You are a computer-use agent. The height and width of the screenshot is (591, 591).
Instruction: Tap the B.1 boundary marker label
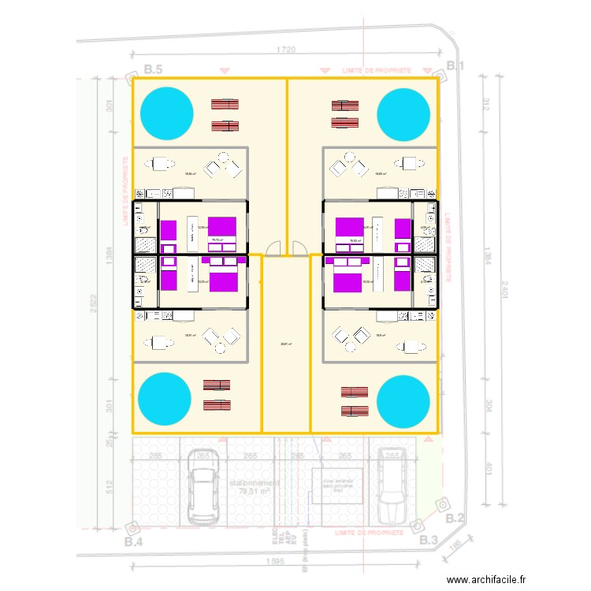455,66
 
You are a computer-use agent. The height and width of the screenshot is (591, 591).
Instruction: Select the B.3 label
429,540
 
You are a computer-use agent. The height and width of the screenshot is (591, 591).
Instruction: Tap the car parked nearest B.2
390,486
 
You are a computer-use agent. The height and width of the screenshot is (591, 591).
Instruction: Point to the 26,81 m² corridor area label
284,343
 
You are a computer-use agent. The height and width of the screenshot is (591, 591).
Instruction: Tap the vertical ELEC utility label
273,537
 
